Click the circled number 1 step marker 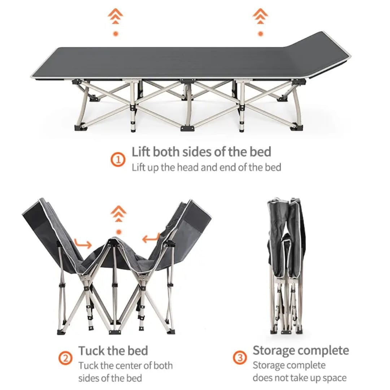[118, 159]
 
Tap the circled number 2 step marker [65, 359]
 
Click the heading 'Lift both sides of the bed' [201, 152]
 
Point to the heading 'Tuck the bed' [113, 351]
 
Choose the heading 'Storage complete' [300, 350]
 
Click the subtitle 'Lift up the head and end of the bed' [206, 168]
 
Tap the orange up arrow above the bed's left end [116, 17]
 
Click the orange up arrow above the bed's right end [260, 17]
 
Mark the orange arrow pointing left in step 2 [151, 238]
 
